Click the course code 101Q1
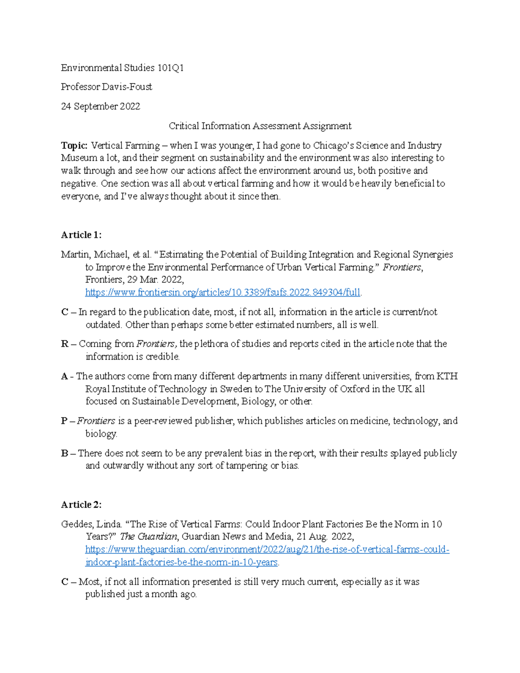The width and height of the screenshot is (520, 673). pyautogui.click(x=170, y=68)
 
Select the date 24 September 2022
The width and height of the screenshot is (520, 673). pyautogui.click(x=101, y=106)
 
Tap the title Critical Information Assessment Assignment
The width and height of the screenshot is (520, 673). pyautogui.click(x=260, y=126)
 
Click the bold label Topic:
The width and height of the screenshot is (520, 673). pyautogui.click(x=74, y=145)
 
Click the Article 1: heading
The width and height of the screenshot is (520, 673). pyautogui.click(x=81, y=235)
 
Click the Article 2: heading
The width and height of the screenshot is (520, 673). pyautogui.click(x=81, y=504)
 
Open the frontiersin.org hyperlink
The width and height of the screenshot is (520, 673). pyautogui.click(x=223, y=293)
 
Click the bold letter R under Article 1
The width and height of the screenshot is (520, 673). pyautogui.click(x=65, y=344)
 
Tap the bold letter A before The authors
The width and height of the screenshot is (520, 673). pyautogui.click(x=65, y=376)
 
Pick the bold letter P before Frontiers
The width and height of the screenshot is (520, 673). pyautogui.click(x=64, y=421)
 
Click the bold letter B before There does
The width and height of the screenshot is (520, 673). pyautogui.click(x=65, y=453)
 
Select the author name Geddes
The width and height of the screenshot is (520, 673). pyautogui.click(x=76, y=524)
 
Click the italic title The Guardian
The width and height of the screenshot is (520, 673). pyautogui.click(x=149, y=536)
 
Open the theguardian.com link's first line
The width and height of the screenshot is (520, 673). pyautogui.click(x=267, y=549)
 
